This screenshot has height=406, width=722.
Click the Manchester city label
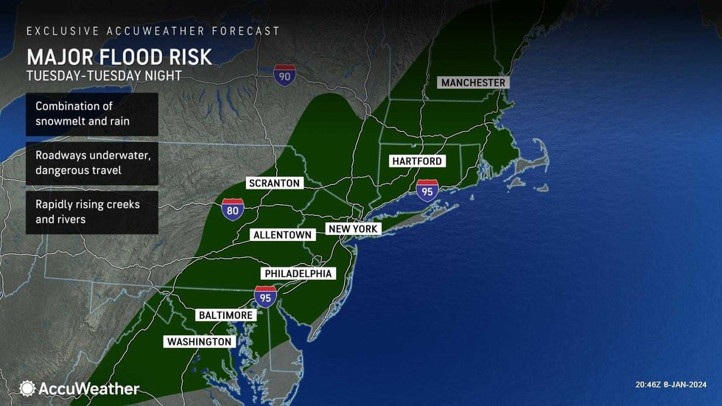[x=473, y=83]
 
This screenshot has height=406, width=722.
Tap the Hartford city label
[x=417, y=161]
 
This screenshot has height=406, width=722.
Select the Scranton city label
[x=274, y=183]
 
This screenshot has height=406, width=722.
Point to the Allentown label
[x=283, y=235]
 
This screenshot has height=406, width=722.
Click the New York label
[x=354, y=229]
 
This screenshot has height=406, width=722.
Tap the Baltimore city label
[x=227, y=315]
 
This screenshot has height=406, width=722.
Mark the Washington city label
[x=200, y=342]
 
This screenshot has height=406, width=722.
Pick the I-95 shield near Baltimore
[x=265, y=297]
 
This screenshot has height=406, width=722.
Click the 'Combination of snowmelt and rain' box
[x=91, y=113]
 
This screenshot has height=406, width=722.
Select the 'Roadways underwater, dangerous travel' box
[x=91, y=163]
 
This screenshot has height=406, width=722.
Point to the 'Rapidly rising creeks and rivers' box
[x=91, y=211]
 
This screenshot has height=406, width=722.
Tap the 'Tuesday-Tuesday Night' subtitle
[x=104, y=75]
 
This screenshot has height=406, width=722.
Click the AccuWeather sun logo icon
[x=28, y=388]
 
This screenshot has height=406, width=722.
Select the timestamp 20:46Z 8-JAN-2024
[x=670, y=385]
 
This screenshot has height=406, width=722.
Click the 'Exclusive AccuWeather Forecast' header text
[x=153, y=31]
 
